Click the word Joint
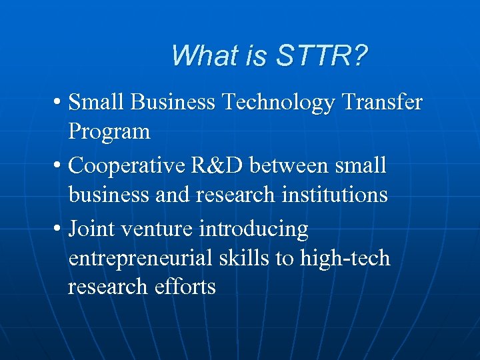pyautogui.click(x=91, y=229)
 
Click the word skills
pyautogui.click(x=242, y=258)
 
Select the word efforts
pyautogui.click(x=185, y=287)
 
